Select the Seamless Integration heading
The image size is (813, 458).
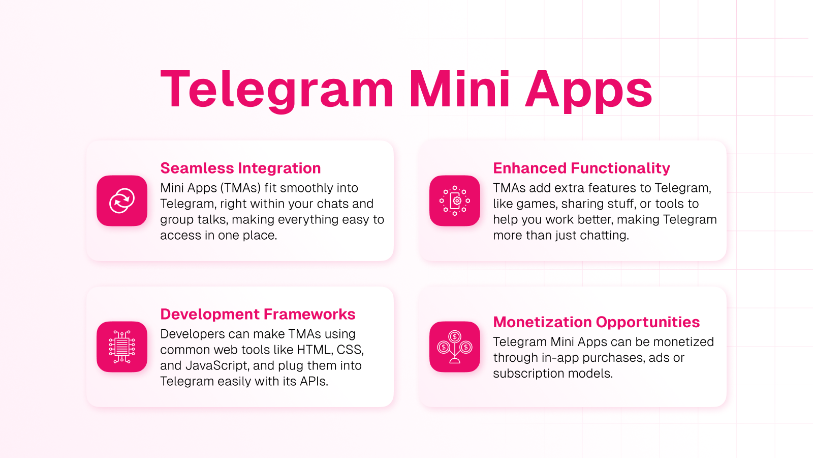[240, 168]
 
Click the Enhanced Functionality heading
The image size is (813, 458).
[581, 168]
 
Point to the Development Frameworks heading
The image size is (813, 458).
[258, 314]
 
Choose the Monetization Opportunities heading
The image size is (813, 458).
[597, 323]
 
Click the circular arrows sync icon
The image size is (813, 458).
[122, 201]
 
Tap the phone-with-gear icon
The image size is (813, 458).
[455, 201]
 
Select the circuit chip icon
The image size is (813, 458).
[122, 347]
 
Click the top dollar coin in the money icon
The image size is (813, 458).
[455, 336]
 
